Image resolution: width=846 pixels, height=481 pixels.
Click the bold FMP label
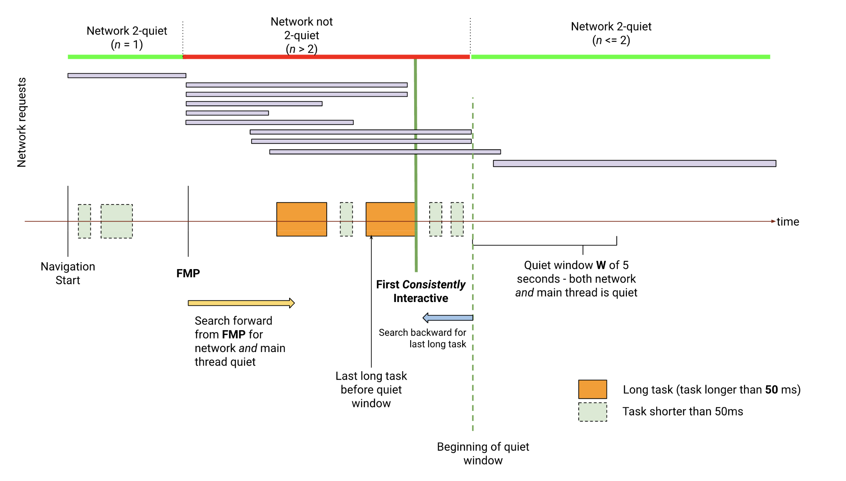point(188,273)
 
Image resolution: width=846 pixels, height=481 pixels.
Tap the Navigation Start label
point(68,273)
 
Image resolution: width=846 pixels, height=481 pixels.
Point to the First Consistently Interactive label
point(420,291)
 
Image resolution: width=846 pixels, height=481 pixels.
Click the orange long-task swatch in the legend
point(592,389)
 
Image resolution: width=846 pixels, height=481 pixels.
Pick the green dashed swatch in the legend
point(592,412)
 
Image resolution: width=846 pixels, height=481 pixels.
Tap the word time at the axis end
point(787,222)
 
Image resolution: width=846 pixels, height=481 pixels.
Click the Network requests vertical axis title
point(21,122)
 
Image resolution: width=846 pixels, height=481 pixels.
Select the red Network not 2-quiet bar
point(326,57)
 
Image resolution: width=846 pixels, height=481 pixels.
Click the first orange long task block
point(302,219)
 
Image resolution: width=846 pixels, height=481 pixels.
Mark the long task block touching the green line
point(390,219)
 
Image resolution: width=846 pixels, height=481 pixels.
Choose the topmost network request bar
point(127,76)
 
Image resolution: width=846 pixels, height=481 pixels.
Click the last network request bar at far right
point(634,164)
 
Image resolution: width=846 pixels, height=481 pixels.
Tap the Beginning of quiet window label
point(483,453)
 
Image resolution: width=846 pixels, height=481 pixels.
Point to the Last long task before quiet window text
point(371,390)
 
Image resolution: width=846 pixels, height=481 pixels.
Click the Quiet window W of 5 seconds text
point(576,279)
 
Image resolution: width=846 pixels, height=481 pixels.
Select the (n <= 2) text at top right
point(611,40)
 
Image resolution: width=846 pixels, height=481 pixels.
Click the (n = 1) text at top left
point(127,45)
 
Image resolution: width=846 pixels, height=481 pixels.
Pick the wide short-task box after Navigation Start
point(116,221)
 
